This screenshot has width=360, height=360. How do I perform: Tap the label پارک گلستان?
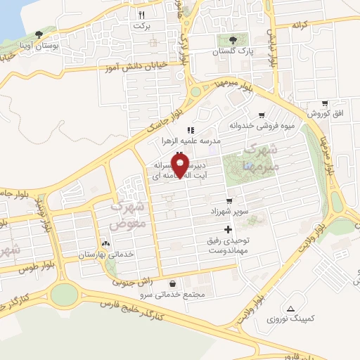[x=233, y=52]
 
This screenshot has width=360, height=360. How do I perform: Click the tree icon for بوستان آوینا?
[x=38, y=34]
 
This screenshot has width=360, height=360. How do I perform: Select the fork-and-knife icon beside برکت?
[x=141, y=14]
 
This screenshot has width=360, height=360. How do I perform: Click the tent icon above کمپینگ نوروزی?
[x=290, y=308]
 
